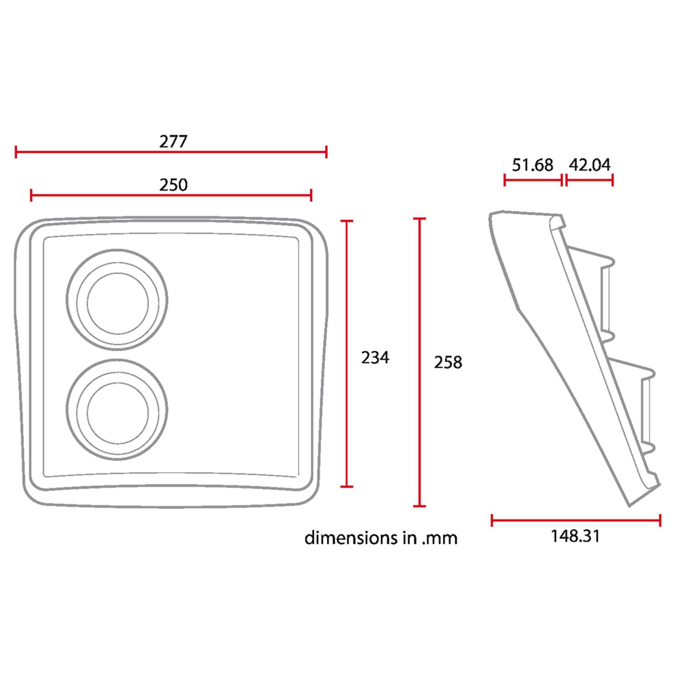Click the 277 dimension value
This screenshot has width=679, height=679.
pos(173,142)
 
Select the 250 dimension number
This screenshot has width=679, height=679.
pos(173,185)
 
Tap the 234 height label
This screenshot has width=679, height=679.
pos(375,358)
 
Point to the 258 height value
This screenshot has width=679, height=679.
pos(448,362)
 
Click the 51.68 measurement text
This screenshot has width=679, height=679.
pos(532,165)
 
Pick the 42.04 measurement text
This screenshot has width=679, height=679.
pos(589,165)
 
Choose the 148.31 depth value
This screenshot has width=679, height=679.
pos(575,536)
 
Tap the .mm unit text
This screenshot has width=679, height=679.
pos(439,539)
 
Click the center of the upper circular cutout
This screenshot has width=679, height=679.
pos(117,300)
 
